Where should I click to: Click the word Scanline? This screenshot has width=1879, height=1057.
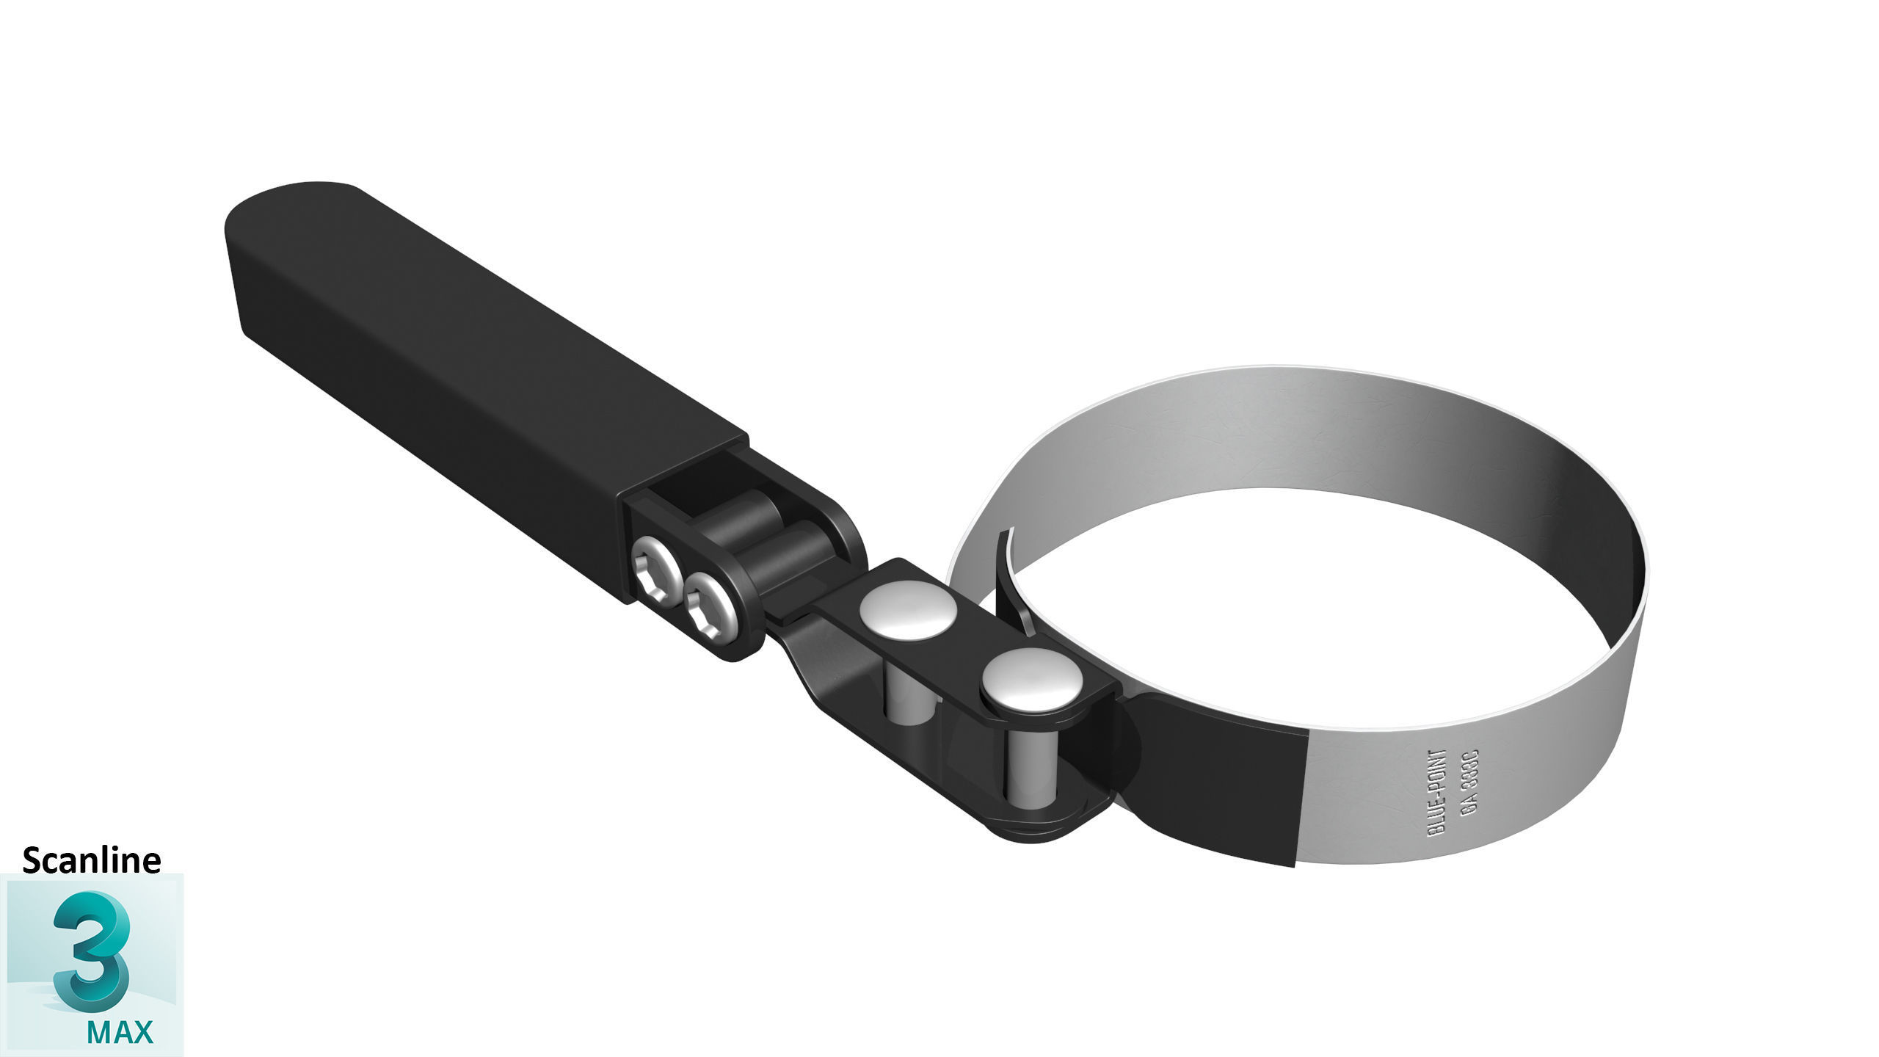pyautogui.click(x=92, y=860)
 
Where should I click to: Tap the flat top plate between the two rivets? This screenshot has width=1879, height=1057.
pyautogui.click(x=969, y=646)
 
